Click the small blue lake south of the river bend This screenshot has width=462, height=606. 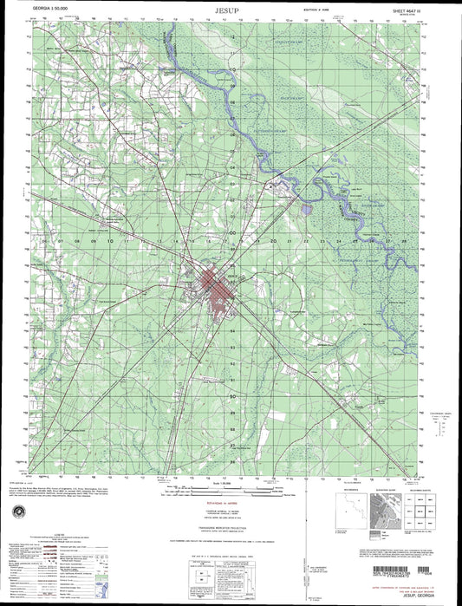(305, 208)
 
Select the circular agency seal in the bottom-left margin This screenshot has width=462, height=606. (18, 512)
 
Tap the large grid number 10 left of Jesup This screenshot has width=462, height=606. (110, 242)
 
